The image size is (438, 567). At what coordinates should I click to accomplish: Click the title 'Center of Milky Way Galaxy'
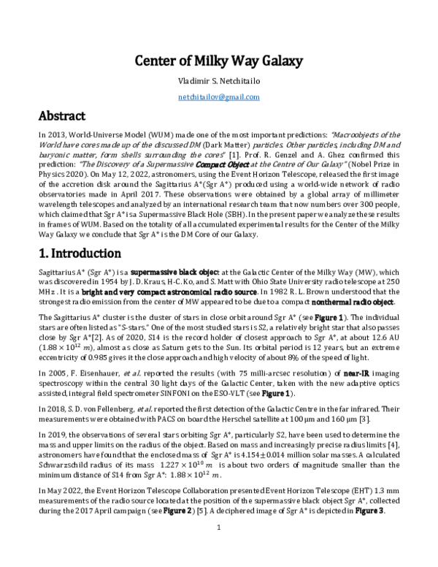point(219,61)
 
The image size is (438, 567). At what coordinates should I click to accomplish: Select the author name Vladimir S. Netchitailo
point(219,81)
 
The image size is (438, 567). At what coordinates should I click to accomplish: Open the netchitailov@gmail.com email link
point(219,96)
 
